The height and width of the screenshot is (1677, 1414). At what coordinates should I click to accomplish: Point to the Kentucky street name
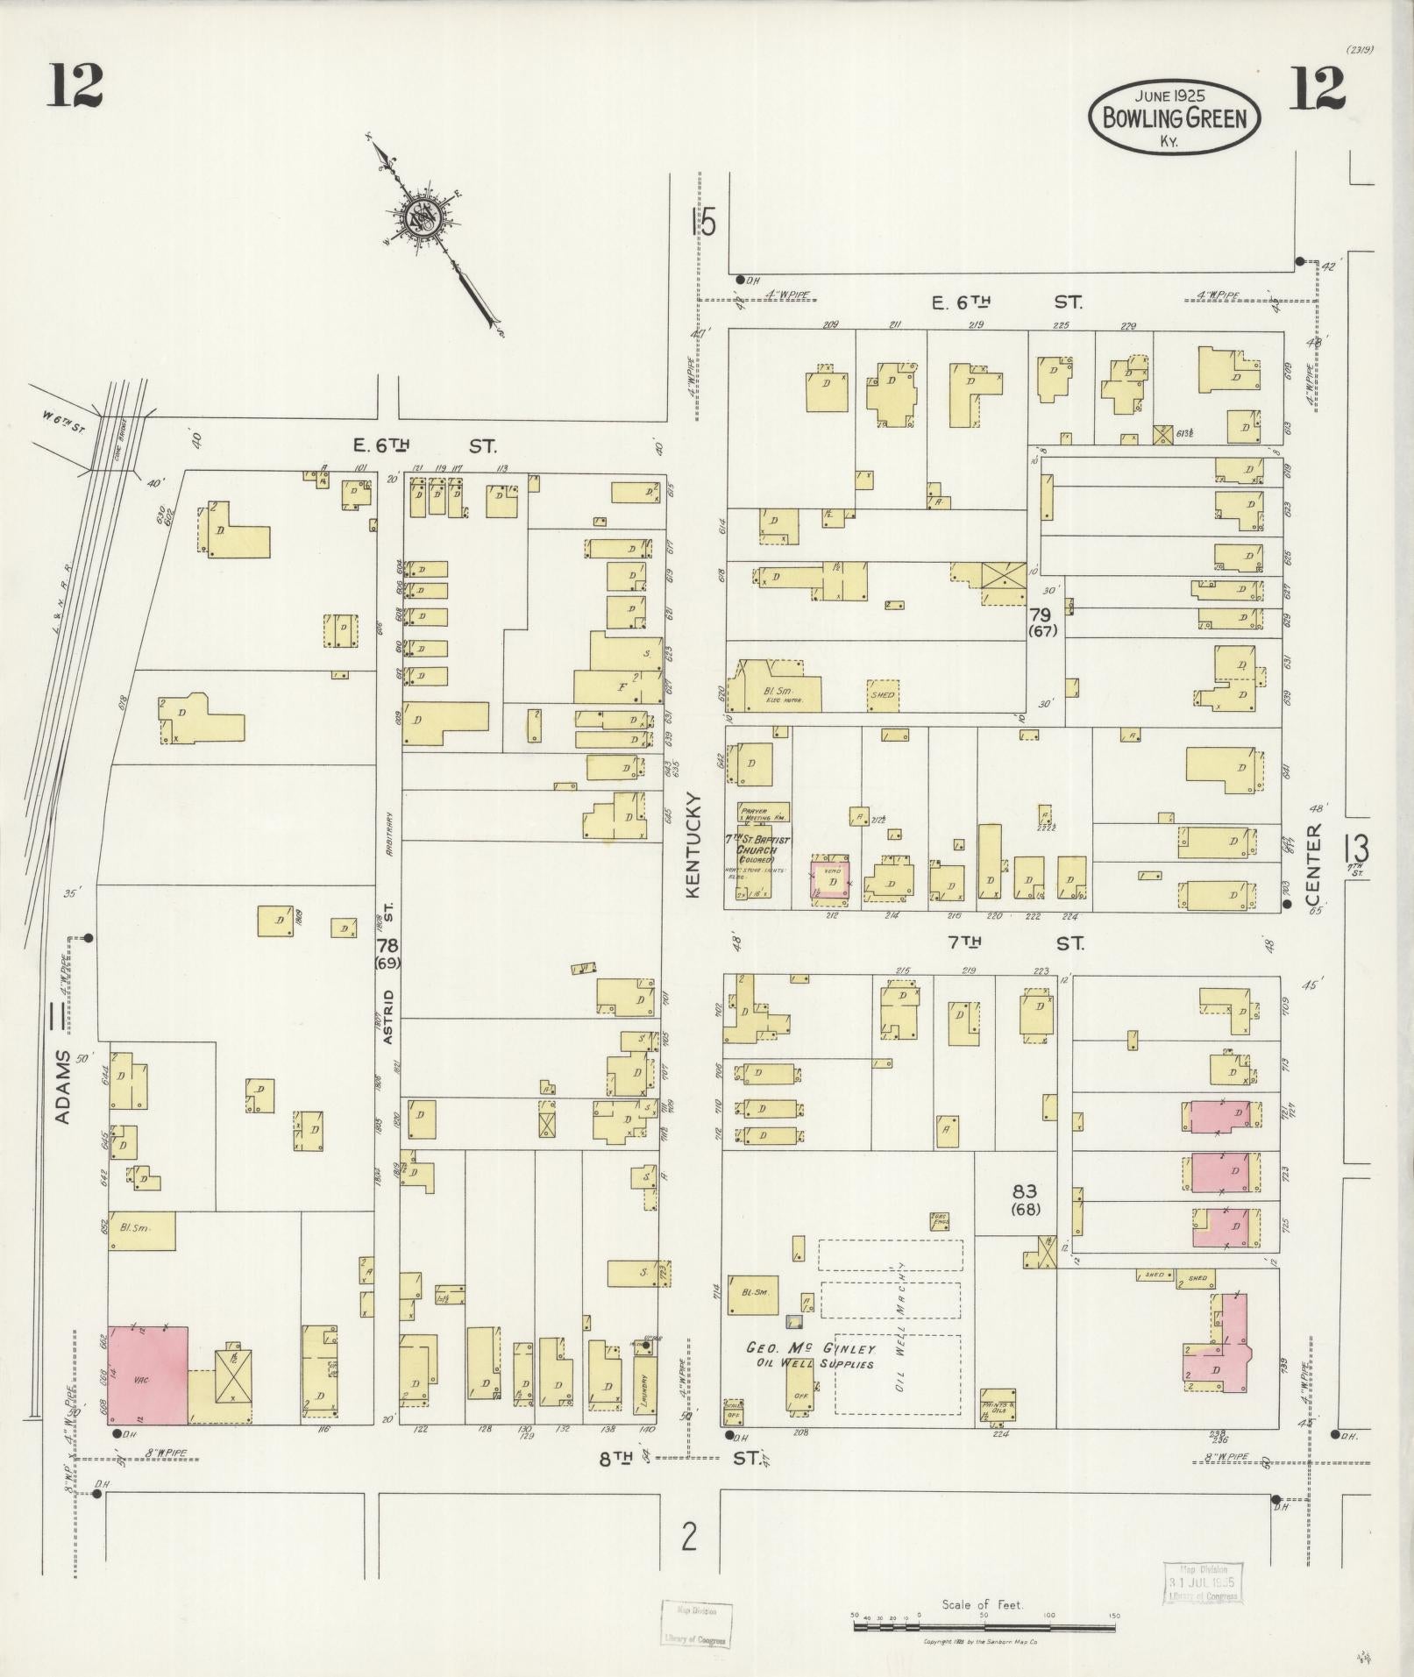click(x=693, y=844)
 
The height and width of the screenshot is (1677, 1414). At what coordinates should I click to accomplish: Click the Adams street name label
click(x=62, y=1085)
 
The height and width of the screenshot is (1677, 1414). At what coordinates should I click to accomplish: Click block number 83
click(x=1024, y=1191)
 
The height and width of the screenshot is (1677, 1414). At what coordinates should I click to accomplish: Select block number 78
click(x=387, y=946)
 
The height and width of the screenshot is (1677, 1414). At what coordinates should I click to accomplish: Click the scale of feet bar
click(x=984, y=1626)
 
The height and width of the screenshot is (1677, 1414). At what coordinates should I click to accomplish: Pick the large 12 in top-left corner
click(x=75, y=86)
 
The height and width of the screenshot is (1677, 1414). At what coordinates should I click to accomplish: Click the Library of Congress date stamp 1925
click(x=1200, y=1583)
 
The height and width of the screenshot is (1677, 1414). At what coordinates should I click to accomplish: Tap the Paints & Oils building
click(x=997, y=1404)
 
